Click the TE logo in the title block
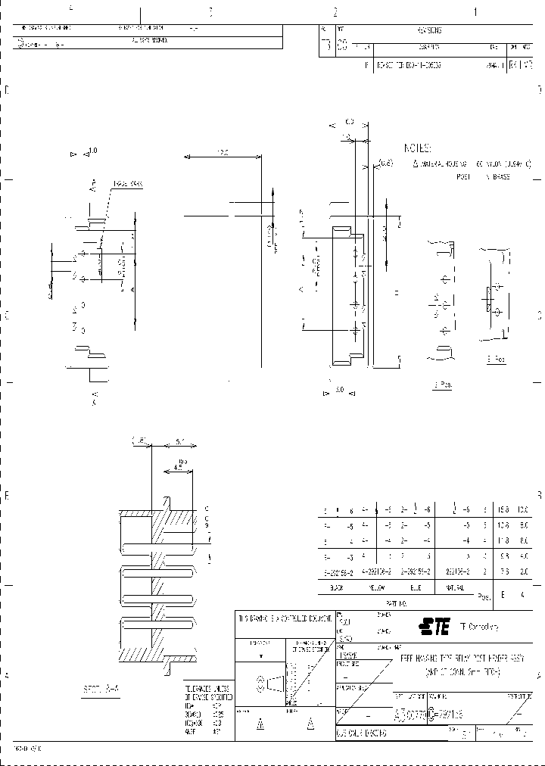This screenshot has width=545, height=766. point(435,625)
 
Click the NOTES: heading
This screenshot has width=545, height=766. point(417,148)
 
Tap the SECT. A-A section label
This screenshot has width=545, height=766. point(101,690)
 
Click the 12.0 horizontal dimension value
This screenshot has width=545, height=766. point(223,153)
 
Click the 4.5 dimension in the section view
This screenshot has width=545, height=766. point(176,468)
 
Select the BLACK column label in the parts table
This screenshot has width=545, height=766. point(337,587)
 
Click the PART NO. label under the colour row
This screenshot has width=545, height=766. point(397,603)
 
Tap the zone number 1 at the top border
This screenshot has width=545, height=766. point(475,12)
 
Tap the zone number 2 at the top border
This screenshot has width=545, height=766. point(334,12)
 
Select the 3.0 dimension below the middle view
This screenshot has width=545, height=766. point(338,391)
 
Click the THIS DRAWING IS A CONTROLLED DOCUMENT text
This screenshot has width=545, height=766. point(284,619)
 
